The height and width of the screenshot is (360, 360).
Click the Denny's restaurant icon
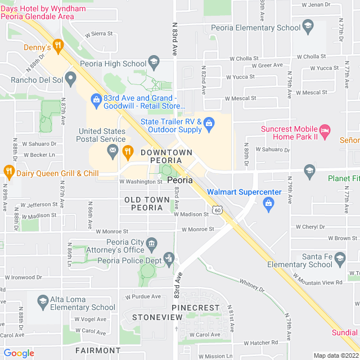click(x=57, y=46)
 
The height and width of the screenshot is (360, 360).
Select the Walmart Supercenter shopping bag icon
click(x=268, y=203)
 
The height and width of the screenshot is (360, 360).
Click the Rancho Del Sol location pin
click(x=70, y=77)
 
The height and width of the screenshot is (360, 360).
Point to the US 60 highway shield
click(x=217, y=210)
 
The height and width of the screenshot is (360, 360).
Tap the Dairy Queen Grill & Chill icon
click(x=8, y=170)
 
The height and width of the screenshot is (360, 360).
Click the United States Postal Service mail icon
click(x=113, y=150)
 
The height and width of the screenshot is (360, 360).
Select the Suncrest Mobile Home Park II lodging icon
click(x=325, y=133)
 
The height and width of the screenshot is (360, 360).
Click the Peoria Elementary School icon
click(x=307, y=25)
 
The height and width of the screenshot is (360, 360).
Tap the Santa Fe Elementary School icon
click(x=339, y=258)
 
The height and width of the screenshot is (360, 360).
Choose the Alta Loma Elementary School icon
click(x=42, y=301)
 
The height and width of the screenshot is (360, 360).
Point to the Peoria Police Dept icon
click(x=168, y=259)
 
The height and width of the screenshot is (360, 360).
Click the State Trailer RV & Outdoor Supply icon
click(x=209, y=123)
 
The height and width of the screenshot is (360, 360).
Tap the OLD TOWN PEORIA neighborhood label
click(x=147, y=204)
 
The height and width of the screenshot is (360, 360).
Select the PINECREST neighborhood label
click(x=196, y=308)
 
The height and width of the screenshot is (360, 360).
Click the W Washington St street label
click(x=141, y=182)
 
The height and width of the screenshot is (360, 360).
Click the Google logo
click(x=19, y=353)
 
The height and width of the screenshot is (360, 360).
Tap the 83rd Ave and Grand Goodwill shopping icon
click(x=96, y=101)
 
